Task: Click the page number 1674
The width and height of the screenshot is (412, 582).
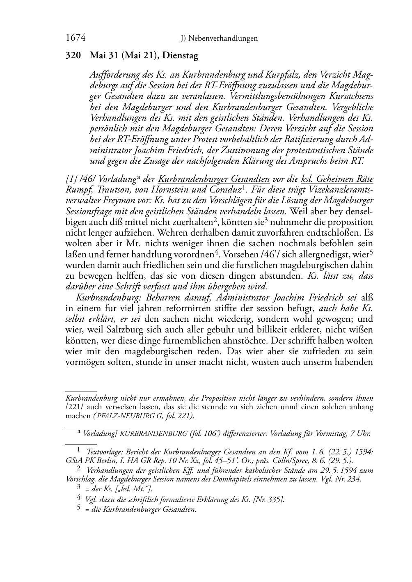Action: tap(76, 38)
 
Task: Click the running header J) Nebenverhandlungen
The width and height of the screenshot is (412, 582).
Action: tap(219, 39)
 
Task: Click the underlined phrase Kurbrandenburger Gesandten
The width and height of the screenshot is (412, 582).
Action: tap(213, 179)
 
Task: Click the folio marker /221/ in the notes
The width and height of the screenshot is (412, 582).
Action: tap(74, 407)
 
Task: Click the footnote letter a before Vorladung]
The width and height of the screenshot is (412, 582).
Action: tap(79, 431)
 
